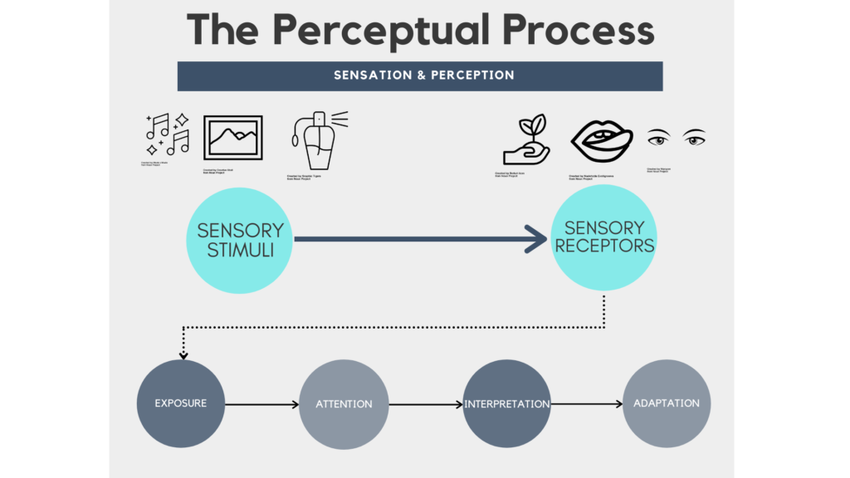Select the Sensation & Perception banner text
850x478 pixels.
(x=423, y=75)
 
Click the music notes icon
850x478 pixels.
(x=168, y=134)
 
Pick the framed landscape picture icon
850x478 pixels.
(x=233, y=138)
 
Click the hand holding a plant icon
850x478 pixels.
(x=526, y=142)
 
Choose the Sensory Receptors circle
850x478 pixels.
(x=604, y=237)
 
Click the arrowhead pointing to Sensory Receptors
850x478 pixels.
(x=535, y=241)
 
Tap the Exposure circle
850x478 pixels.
(x=180, y=403)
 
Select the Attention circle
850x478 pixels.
(x=344, y=404)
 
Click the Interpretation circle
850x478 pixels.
(x=506, y=404)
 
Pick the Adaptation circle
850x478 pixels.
(x=667, y=403)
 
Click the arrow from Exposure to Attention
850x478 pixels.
(x=261, y=405)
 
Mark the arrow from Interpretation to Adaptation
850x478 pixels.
(x=587, y=404)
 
